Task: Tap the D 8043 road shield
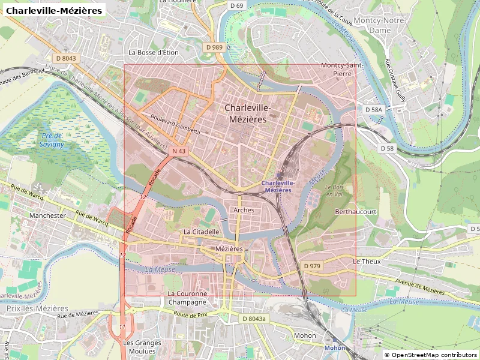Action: click(65, 58)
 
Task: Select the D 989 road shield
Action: click(214, 47)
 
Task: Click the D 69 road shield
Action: click(237, 5)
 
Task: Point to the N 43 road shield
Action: click(178, 151)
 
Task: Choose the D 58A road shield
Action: click(373, 110)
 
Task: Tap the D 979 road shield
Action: click(312, 266)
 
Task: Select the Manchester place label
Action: click(47, 215)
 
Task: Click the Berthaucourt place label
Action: click(355, 212)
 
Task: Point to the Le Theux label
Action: click(367, 262)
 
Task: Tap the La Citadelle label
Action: click(202, 231)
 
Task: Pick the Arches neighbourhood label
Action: click(244, 210)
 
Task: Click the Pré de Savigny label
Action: click(51, 140)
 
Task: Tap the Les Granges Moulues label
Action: click(142, 347)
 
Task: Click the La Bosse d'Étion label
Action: click(154, 52)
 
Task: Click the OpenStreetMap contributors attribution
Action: click(430, 355)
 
